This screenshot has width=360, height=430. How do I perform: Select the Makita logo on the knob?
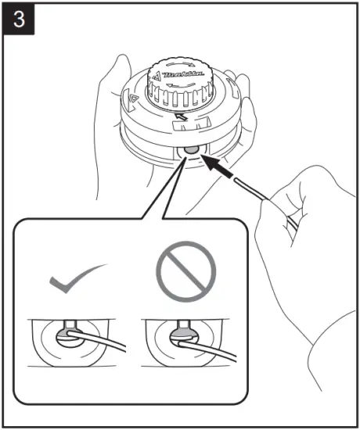point(183,78)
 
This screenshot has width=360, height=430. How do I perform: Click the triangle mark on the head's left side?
point(132,99)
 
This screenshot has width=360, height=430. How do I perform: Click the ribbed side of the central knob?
point(184,100)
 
